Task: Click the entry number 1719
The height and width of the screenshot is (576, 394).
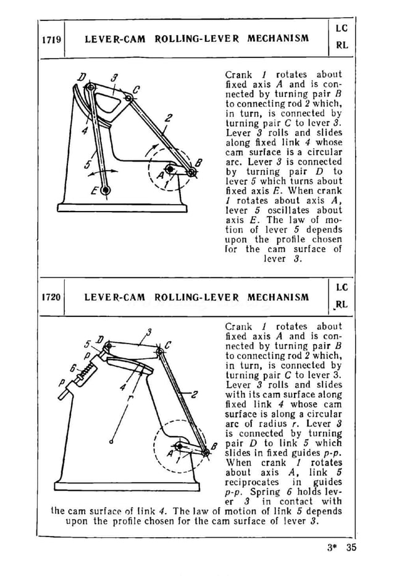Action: (x=51, y=39)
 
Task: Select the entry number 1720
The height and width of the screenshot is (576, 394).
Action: (x=51, y=297)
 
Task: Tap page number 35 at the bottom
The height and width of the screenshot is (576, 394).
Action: (x=351, y=547)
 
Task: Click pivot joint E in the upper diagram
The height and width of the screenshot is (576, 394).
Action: (x=106, y=190)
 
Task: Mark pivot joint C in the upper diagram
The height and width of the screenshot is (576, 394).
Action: (x=128, y=97)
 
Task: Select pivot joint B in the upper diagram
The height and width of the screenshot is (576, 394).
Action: (x=191, y=173)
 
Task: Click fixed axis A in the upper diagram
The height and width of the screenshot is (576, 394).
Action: (x=170, y=167)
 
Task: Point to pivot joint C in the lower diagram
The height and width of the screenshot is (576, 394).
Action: (x=159, y=351)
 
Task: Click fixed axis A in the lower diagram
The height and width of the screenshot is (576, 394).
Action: (x=178, y=445)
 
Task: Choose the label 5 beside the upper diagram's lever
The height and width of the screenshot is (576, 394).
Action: (x=88, y=163)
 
